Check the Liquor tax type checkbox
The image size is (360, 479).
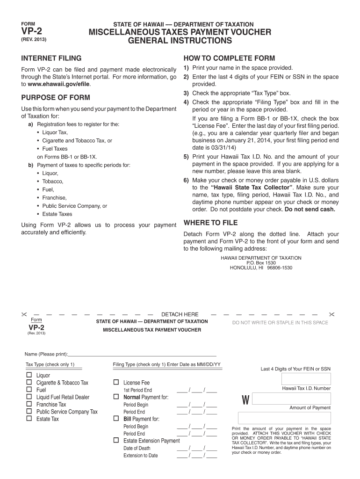pos(29,375)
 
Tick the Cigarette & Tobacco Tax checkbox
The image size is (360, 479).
pos(29,383)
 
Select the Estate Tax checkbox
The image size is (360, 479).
pos(29,419)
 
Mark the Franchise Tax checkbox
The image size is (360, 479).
pos(29,404)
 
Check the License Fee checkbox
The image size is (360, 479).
pos(116,383)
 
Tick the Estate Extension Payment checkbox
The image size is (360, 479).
pos(116,441)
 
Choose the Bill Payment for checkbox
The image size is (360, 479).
pos(116,419)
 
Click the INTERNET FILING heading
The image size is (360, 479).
pos(51,58)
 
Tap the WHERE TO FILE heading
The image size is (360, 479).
pos(210,223)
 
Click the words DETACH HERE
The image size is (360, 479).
pos(180,314)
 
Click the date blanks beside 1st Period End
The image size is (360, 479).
pos(197,390)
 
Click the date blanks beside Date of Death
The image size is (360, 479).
pos(197,448)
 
